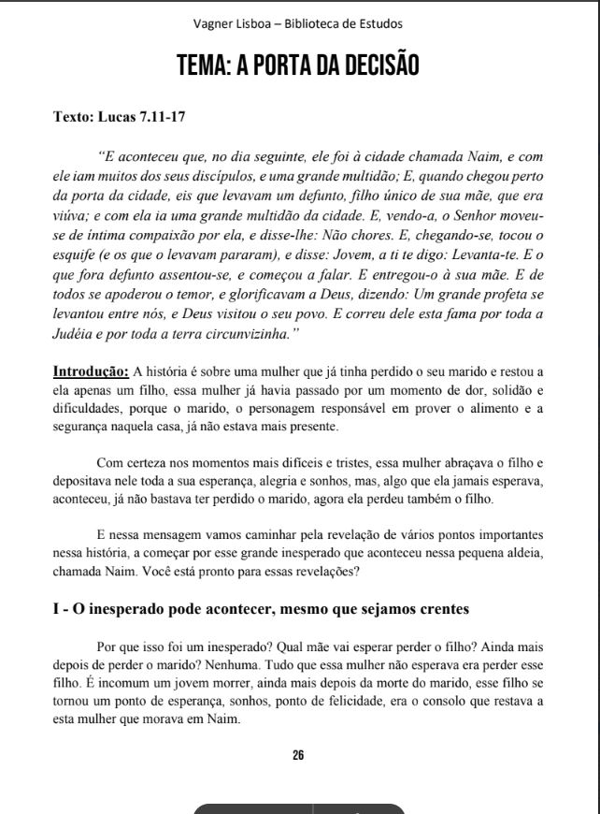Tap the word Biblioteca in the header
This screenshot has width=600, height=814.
tap(317, 23)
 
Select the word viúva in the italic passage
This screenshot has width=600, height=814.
tap(70, 214)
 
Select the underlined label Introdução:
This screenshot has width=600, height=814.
tap(91, 371)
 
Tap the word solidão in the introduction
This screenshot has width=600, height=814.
tap(497, 388)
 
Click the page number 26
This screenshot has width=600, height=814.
tap(298, 754)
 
